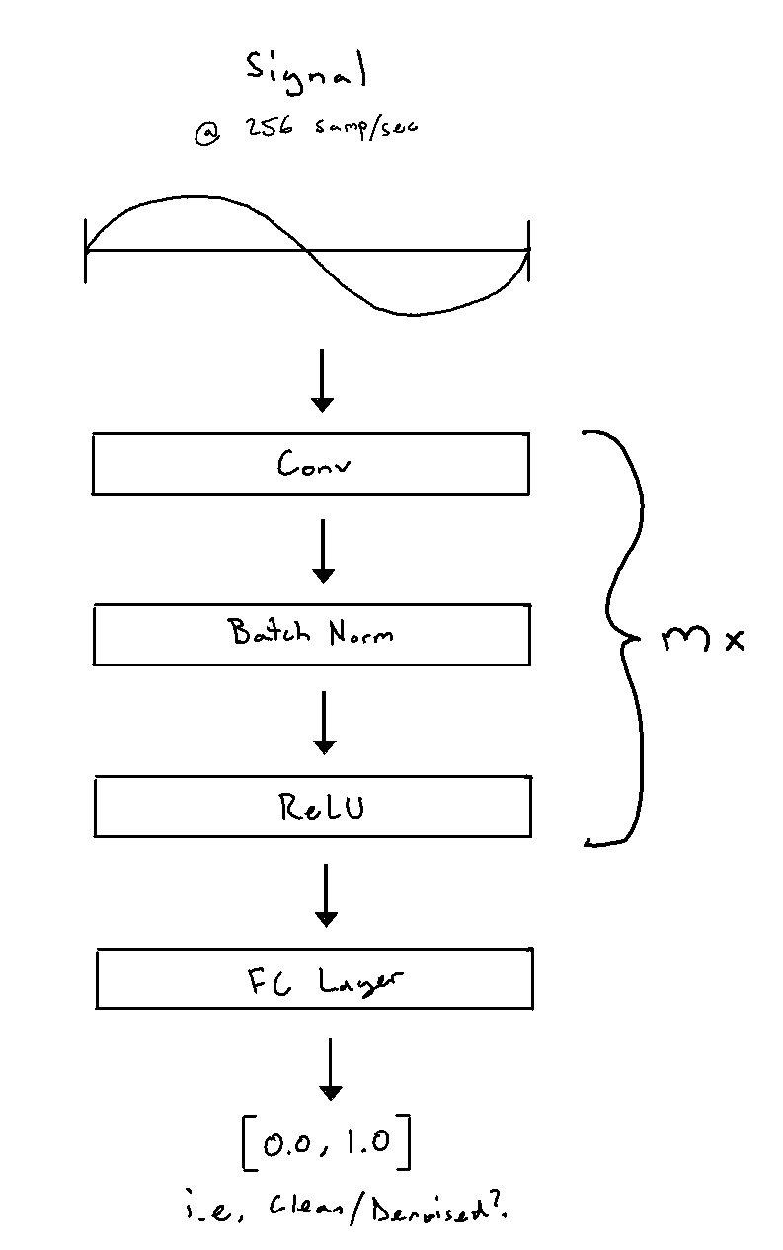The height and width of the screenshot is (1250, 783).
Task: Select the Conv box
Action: [x=311, y=463]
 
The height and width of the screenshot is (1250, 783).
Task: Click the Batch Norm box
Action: [x=311, y=634]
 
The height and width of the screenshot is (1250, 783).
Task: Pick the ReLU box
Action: [x=312, y=808]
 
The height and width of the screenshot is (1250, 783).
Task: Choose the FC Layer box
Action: [x=314, y=978]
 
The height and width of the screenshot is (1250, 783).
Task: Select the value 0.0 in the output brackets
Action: [x=285, y=1143]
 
